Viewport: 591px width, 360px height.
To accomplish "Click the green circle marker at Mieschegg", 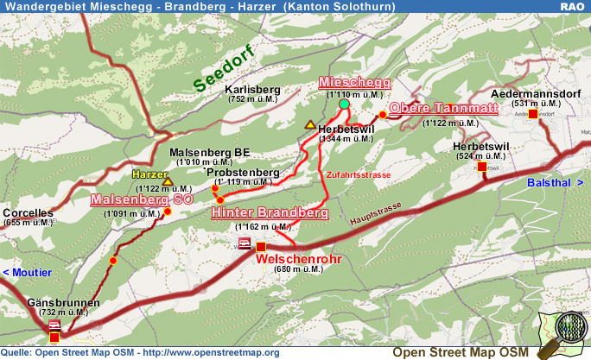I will [344, 104].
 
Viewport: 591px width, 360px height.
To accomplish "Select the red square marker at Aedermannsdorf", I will [533, 114].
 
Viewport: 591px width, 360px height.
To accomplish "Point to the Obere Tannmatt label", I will [443, 108].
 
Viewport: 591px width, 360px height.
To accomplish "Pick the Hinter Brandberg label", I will [270, 212].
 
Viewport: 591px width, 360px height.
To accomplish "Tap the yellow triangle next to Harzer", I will [168, 183].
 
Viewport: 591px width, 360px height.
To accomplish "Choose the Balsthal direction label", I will [550, 183].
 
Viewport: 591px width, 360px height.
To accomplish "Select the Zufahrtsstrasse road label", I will [359, 174].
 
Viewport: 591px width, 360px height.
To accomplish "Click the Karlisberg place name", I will [252, 89].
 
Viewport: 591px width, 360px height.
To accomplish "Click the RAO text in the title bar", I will [572, 7].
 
